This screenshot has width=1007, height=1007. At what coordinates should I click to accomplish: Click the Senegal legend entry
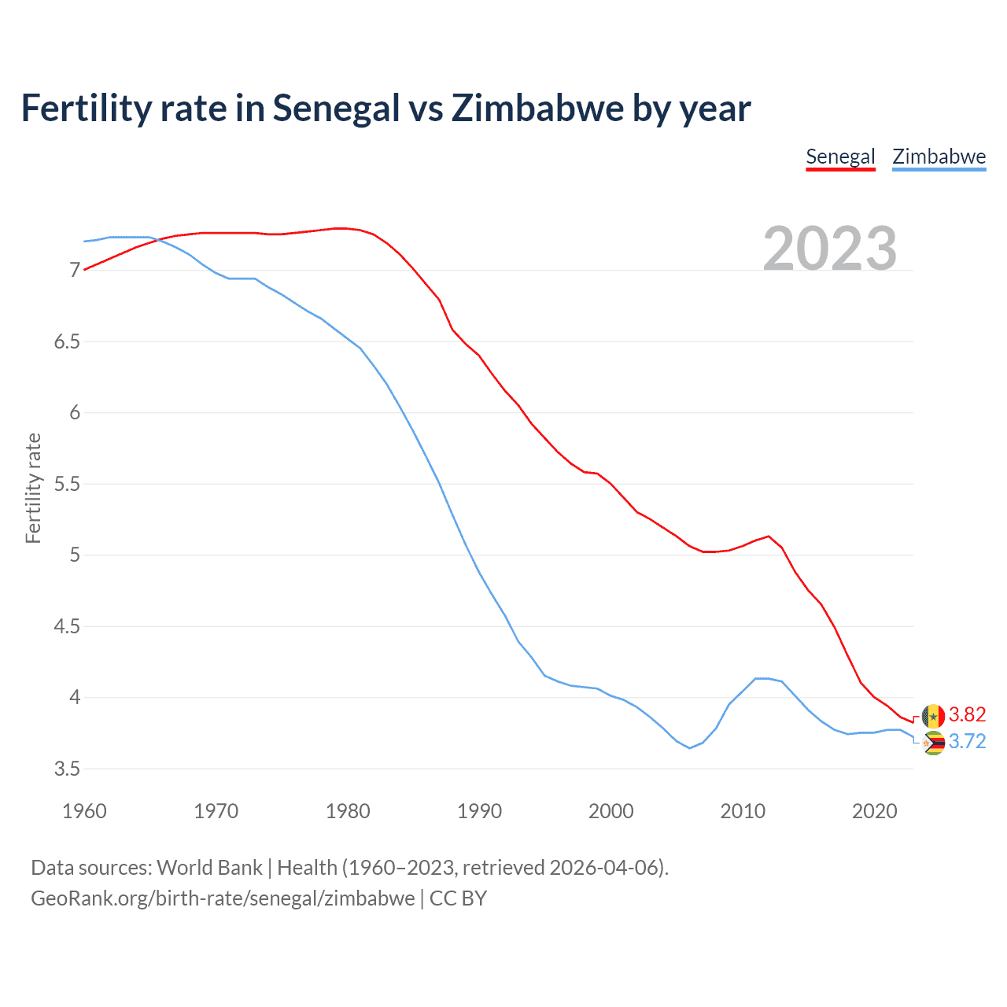tap(840, 157)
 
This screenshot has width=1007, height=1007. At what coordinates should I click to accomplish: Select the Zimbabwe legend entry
tap(939, 157)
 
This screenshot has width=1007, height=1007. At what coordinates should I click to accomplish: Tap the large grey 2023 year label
tap(830, 249)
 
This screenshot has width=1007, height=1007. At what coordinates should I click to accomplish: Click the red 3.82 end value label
tap(967, 714)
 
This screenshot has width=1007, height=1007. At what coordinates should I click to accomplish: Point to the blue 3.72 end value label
tap(967, 742)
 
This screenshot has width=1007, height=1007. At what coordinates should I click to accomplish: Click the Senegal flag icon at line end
tap(933, 716)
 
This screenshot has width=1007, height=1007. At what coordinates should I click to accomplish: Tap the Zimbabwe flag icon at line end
tap(934, 743)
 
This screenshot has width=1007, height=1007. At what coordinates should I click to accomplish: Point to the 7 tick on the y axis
tap(75, 271)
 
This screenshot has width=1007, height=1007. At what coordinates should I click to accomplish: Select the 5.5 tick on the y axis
tap(67, 484)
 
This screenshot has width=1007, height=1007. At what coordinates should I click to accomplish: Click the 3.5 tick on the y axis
tap(67, 769)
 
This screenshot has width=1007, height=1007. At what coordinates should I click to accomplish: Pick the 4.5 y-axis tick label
tap(67, 626)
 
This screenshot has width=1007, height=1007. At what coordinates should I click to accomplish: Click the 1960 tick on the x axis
tap(84, 811)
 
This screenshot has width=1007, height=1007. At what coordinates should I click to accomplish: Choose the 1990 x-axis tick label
tap(479, 811)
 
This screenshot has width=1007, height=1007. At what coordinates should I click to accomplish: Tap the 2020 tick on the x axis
tap(874, 811)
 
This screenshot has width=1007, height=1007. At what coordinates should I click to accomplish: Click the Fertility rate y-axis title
tap(33, 488)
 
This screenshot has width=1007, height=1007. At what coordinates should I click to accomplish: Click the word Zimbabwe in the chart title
tap(537, 109)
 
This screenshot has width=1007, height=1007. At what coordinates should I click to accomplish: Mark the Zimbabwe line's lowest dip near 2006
tap(690, 747)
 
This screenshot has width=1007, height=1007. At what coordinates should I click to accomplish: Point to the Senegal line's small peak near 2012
tap(769, 536)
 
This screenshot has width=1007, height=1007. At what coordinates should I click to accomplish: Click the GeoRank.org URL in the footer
tap(223, 898)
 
